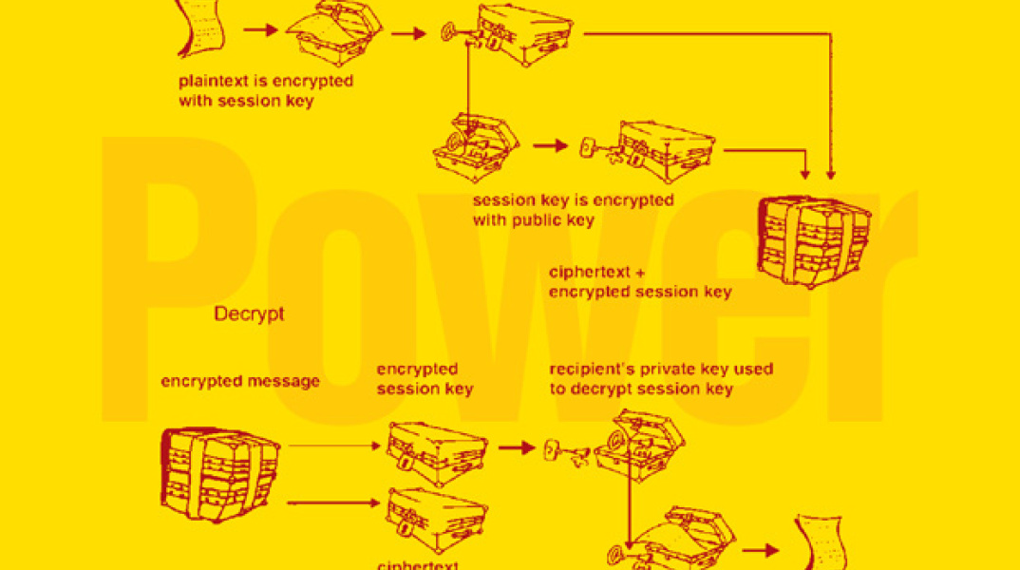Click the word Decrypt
click(249, 313)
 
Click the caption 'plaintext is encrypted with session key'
click(265, 90)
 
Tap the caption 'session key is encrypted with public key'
click(573, 210)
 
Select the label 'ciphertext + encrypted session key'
click(640, 282)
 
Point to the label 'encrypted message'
click(240, 382)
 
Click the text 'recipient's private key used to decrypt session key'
click(660, 379)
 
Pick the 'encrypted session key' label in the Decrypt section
click(425, 379)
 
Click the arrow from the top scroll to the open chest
click(260, 30)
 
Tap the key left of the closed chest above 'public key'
click(587, 147)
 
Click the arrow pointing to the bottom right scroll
click(759, 549)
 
